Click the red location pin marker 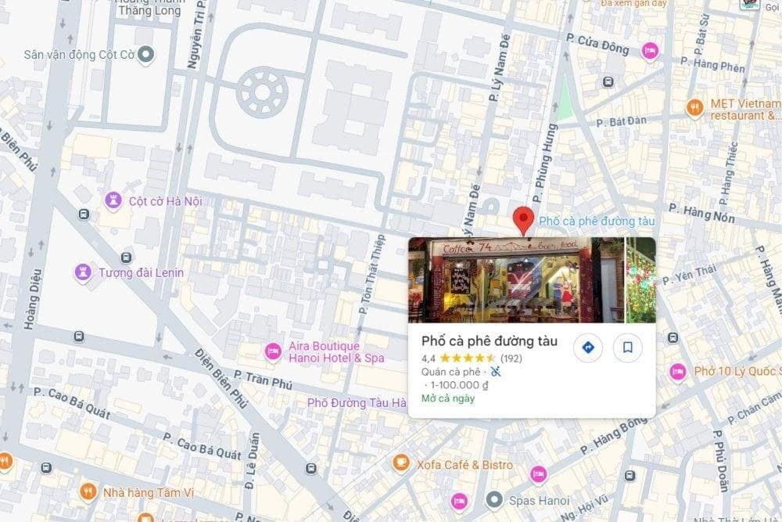pyautogui.click(x=523, y=220)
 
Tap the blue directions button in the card pyautogui.click(x=588, y=347)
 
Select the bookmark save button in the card pyautogui.click(x=627, y=347)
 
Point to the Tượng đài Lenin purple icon pyautogui.click(x=83, y=272)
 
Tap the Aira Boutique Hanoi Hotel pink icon pyautogui.click(x=273, y=351)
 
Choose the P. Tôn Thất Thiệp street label pyautogui.click(x=373, y=274)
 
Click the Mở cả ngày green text pyautogui.click(x=448, y=398)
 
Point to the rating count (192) pyautogui.click(x=511, y=358)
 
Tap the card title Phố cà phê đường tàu pyautogui.click(x=490, y=340)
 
